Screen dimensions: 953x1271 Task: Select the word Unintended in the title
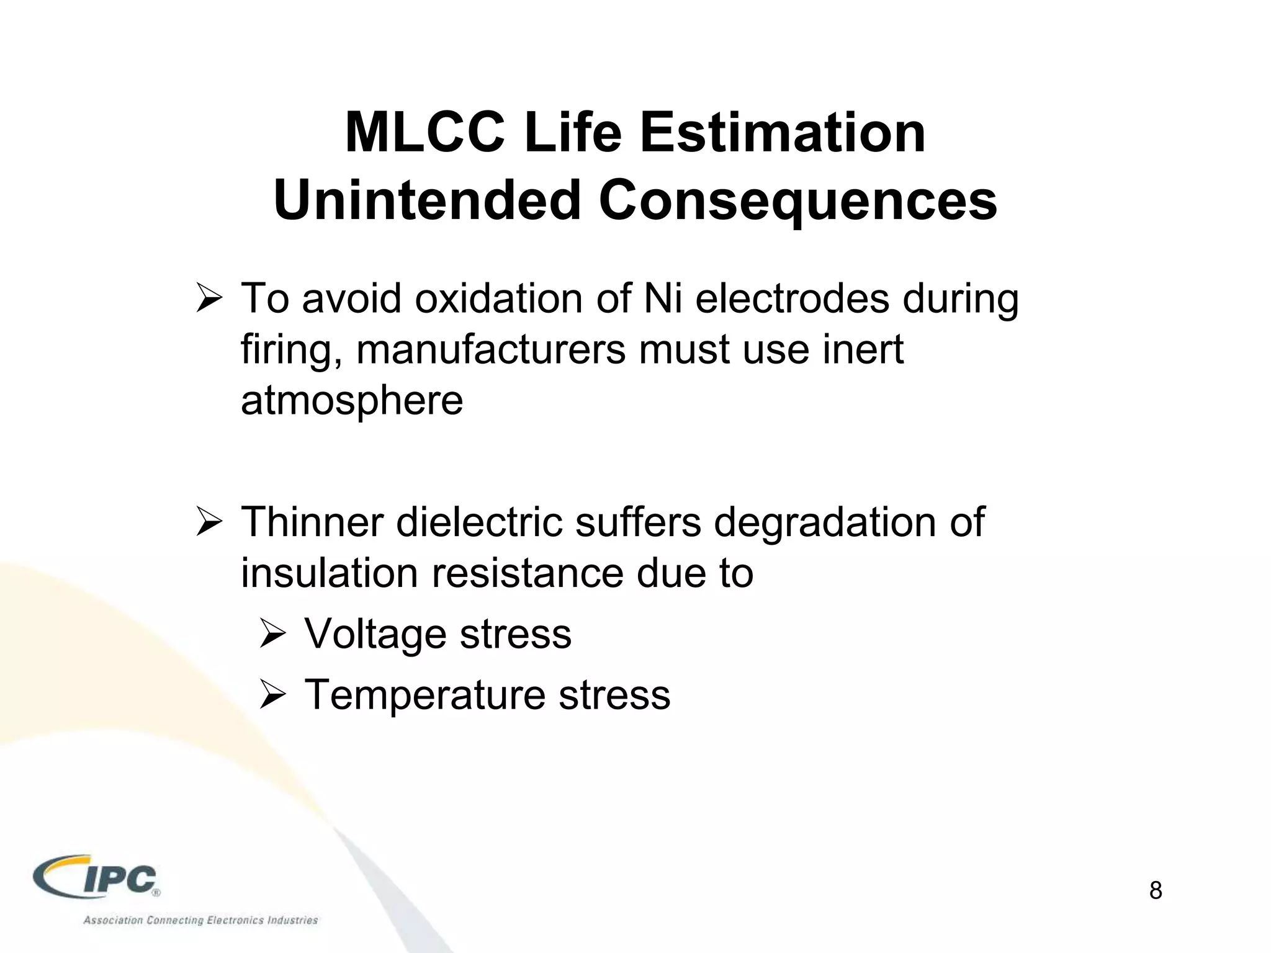pos(427,200)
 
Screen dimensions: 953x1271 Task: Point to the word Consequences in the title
pos(797,200)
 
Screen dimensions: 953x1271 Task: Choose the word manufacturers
pos(491,349)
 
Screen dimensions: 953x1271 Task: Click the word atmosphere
pos(352,400)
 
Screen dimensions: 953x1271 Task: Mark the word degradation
pos(825,522)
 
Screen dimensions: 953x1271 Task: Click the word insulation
pos(330,573)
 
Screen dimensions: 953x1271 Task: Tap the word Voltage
pos(375,634)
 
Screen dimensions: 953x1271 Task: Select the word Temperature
pos(426,694)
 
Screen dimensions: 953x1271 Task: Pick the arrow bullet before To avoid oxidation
pos(209,300)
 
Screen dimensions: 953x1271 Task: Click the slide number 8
pos(1155,890)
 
